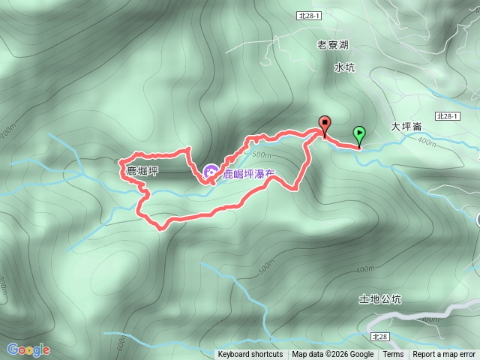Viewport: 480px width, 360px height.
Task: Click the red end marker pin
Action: pos(325,124)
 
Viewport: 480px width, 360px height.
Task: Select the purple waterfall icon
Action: pos(211,173)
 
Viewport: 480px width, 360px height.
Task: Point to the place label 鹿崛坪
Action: pos(142,171)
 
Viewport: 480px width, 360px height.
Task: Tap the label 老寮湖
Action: pos(333,45)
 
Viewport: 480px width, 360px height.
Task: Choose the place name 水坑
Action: pos(344,67)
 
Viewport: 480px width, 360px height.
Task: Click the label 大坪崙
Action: pos(407,127)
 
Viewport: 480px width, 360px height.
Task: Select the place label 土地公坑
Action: pos(380,299)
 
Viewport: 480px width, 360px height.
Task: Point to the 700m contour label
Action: pos(7,134)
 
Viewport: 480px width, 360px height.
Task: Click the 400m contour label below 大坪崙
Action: pos(426,141)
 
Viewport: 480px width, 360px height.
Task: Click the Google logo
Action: pos(28,349)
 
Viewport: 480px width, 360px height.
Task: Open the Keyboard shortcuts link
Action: pos(250,355)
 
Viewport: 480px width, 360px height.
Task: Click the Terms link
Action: pos(393,355)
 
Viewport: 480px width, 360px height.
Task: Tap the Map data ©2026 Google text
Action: pos(333,355)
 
